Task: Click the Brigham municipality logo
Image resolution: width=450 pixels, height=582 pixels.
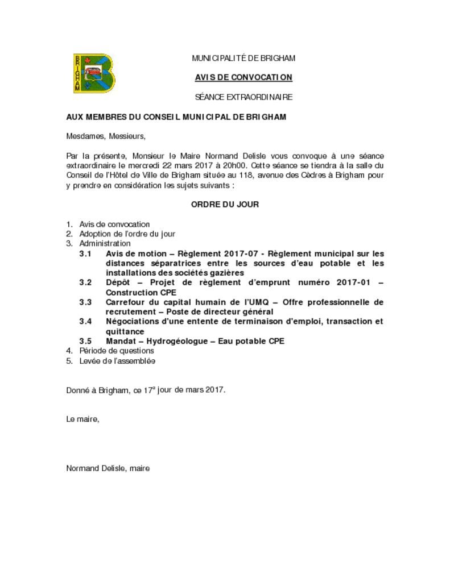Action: (94, 73)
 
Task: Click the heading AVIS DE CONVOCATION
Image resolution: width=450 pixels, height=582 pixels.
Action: (243, 77)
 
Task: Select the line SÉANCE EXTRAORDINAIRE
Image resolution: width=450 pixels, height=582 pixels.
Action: (243, 97)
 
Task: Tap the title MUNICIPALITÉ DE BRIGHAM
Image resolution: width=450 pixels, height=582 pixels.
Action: (243, 58)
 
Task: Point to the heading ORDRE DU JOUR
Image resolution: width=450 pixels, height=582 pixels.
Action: (225, 205)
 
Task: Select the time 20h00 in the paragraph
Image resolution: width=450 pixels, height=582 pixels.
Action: (232, 165)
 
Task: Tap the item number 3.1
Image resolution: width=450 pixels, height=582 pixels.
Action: (85, 253)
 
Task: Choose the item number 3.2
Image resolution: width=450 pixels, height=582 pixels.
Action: (85, 282)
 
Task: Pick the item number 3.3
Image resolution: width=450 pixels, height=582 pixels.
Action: (85, 302)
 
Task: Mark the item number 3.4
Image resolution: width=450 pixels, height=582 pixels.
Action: (85, 322)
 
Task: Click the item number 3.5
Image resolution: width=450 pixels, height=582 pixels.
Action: (85, 341)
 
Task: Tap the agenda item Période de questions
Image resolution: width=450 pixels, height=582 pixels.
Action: (117, 351)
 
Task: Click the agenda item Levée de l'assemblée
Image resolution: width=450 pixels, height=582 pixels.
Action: (117, 361)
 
